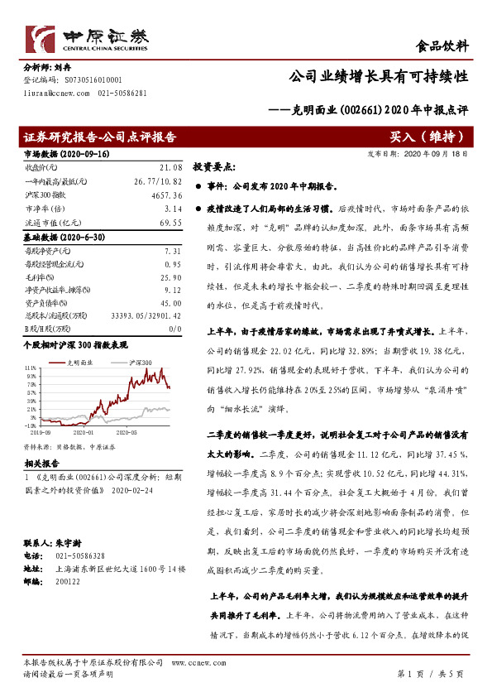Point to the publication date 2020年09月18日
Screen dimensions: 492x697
pyautogui.click(x=435, y=153)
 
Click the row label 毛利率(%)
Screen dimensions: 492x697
pyautogui.click(x=39, y=276)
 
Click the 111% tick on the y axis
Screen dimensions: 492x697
pyautogui.click(x=30, y=367)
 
